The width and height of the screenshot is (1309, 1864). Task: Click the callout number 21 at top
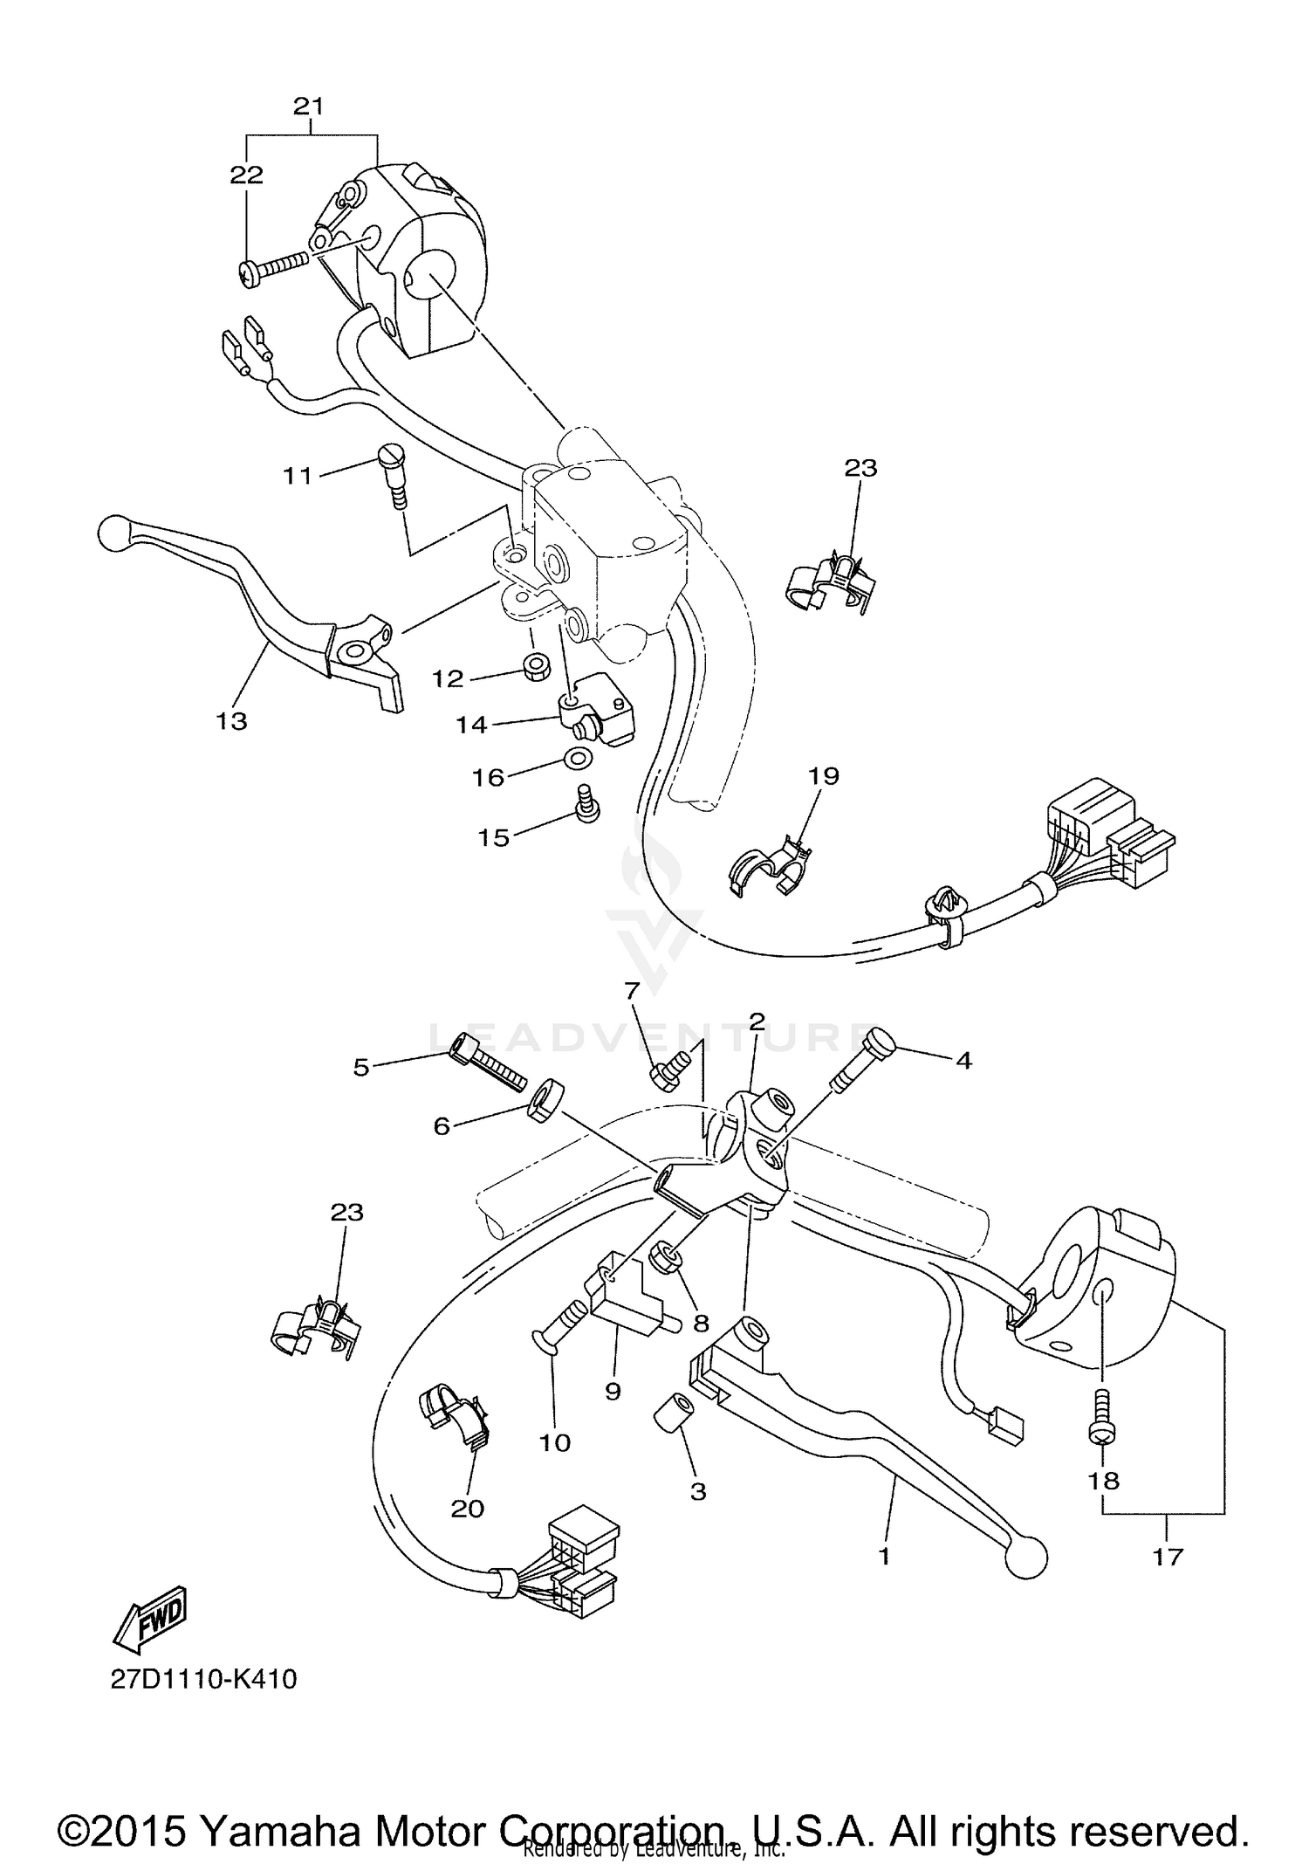pos(308,107)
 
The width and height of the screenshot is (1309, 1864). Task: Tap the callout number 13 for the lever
pos(232,721)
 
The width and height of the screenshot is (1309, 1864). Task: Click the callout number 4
pos(963,1060)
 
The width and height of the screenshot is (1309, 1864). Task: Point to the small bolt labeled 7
pos(667,1071)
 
